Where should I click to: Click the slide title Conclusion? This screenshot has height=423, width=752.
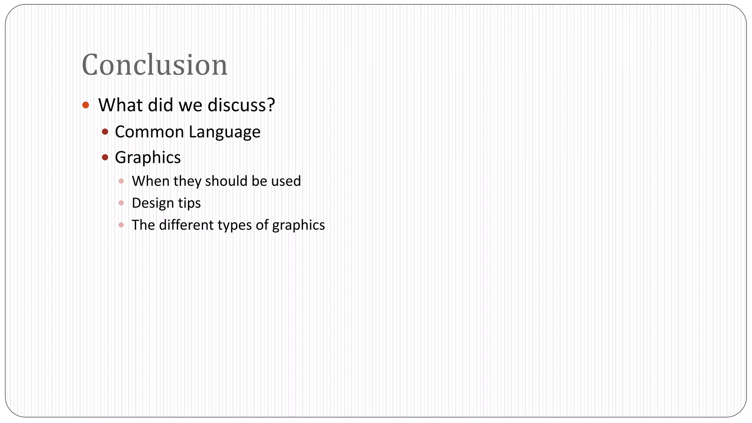tap(155, 65)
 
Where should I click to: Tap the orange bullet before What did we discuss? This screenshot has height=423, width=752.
tap(86, 105)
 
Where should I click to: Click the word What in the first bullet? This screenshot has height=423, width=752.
tap(120, 105)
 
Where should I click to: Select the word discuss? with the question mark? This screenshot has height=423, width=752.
tap(241, 105)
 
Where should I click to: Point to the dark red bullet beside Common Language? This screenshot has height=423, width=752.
tap(105, 132)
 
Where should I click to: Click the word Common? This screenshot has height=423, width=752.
tap(149, 132)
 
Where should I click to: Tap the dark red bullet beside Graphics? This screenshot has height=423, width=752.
tap(105, 158)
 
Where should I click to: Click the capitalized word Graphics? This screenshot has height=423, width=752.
tap(148, 158)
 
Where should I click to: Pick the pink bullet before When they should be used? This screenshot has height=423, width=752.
tap(121, 181)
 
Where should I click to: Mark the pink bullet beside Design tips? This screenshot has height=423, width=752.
tap(121, 203)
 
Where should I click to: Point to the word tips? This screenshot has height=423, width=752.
tap(189, 203)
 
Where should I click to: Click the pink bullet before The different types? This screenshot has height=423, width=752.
tap(121, 225)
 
